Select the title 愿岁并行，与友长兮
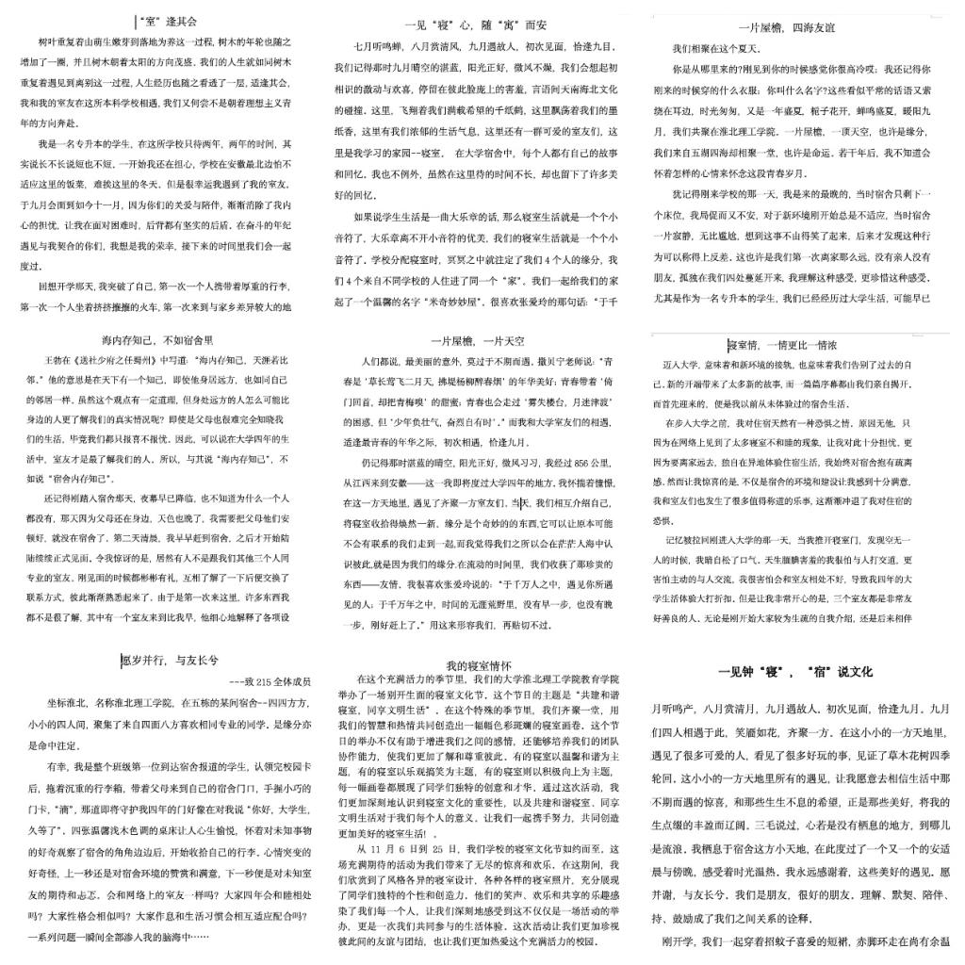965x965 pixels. (x=170, y=661)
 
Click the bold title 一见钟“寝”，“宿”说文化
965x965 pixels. (x=795, y=672)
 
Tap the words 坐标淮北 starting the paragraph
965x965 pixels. (x=66, y=702)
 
